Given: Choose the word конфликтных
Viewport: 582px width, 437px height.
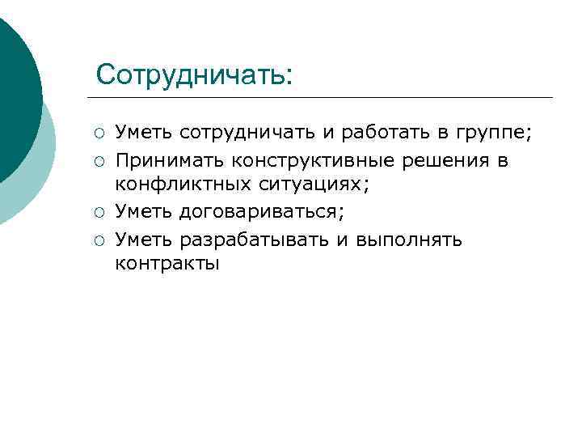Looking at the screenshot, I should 183,185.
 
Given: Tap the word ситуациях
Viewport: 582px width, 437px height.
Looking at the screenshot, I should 311,185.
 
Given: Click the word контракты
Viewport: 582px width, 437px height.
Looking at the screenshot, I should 167,264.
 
